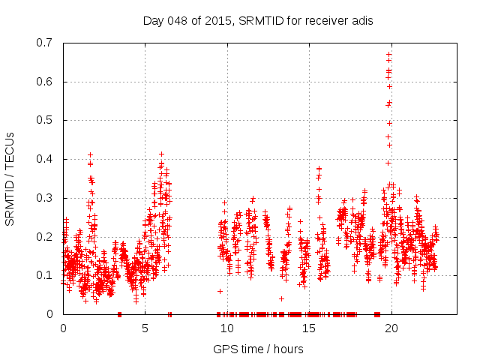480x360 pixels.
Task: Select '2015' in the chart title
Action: (217, 20)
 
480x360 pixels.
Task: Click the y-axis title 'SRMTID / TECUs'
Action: (10, 178)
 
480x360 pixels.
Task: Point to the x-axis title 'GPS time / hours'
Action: (258, 349)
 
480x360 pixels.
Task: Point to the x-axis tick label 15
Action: (310, 328)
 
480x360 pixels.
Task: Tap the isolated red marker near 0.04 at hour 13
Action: (281, 298)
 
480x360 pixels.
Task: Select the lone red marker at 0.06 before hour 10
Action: (220, 291)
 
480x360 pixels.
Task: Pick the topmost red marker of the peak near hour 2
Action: (90, 155)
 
